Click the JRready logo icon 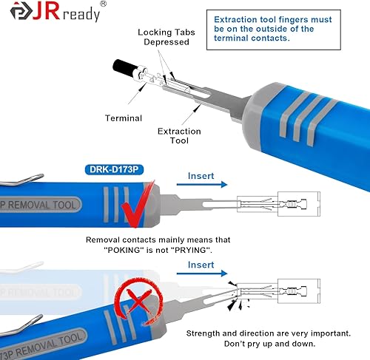21,11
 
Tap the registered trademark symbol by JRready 104,4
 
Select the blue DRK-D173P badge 114,169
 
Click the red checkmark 138,205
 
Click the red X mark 138,301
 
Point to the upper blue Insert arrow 202,184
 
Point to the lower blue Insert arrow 202,274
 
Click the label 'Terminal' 124,118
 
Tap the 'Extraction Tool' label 179,136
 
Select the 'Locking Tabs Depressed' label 166,37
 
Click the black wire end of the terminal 124,67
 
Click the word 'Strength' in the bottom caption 203,333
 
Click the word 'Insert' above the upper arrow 201,176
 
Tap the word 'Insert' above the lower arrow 201,265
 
